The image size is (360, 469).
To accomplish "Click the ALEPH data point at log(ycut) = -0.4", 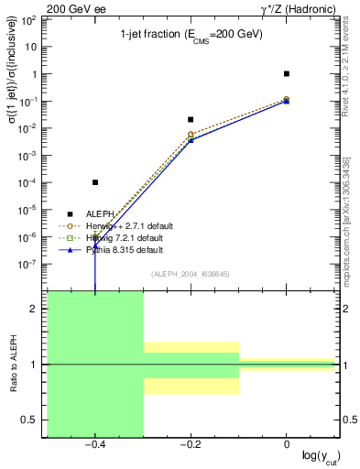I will [x=95, y=182].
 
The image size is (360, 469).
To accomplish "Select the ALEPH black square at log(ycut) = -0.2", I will [x=191, y=119].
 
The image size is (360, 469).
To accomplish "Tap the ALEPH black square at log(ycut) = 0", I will [x=287, y=73].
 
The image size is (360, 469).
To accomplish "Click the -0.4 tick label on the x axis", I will [x=94, y=444].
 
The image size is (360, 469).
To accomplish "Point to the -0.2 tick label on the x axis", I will [x=190, y=444].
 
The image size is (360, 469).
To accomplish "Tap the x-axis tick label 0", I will [x=287, y=444].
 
